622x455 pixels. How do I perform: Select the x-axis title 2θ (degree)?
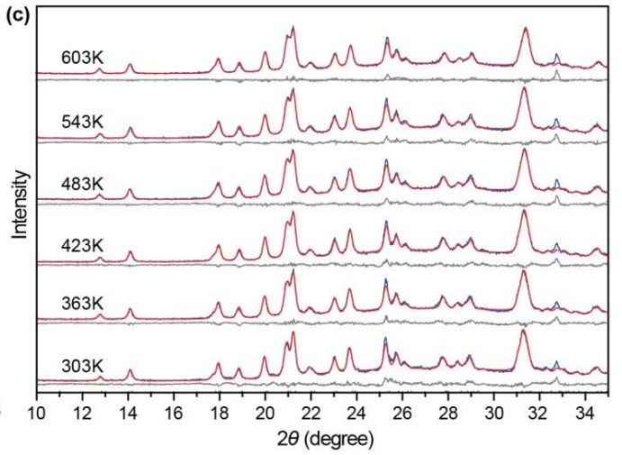[320, 441]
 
